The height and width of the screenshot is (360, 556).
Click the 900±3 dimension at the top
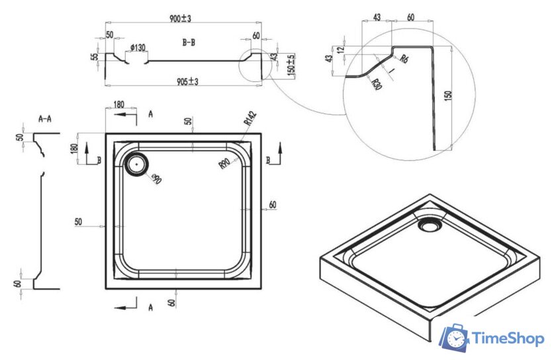180,19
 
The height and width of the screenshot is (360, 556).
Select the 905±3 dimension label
187,81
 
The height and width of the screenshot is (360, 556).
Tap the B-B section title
189,42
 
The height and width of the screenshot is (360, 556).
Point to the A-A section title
45,119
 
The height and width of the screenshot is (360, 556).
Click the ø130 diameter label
138,47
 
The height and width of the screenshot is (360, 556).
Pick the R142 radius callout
250,118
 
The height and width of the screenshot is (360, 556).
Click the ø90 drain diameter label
156,179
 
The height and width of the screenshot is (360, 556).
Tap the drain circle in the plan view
136,165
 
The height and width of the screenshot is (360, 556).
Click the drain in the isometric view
430,224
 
